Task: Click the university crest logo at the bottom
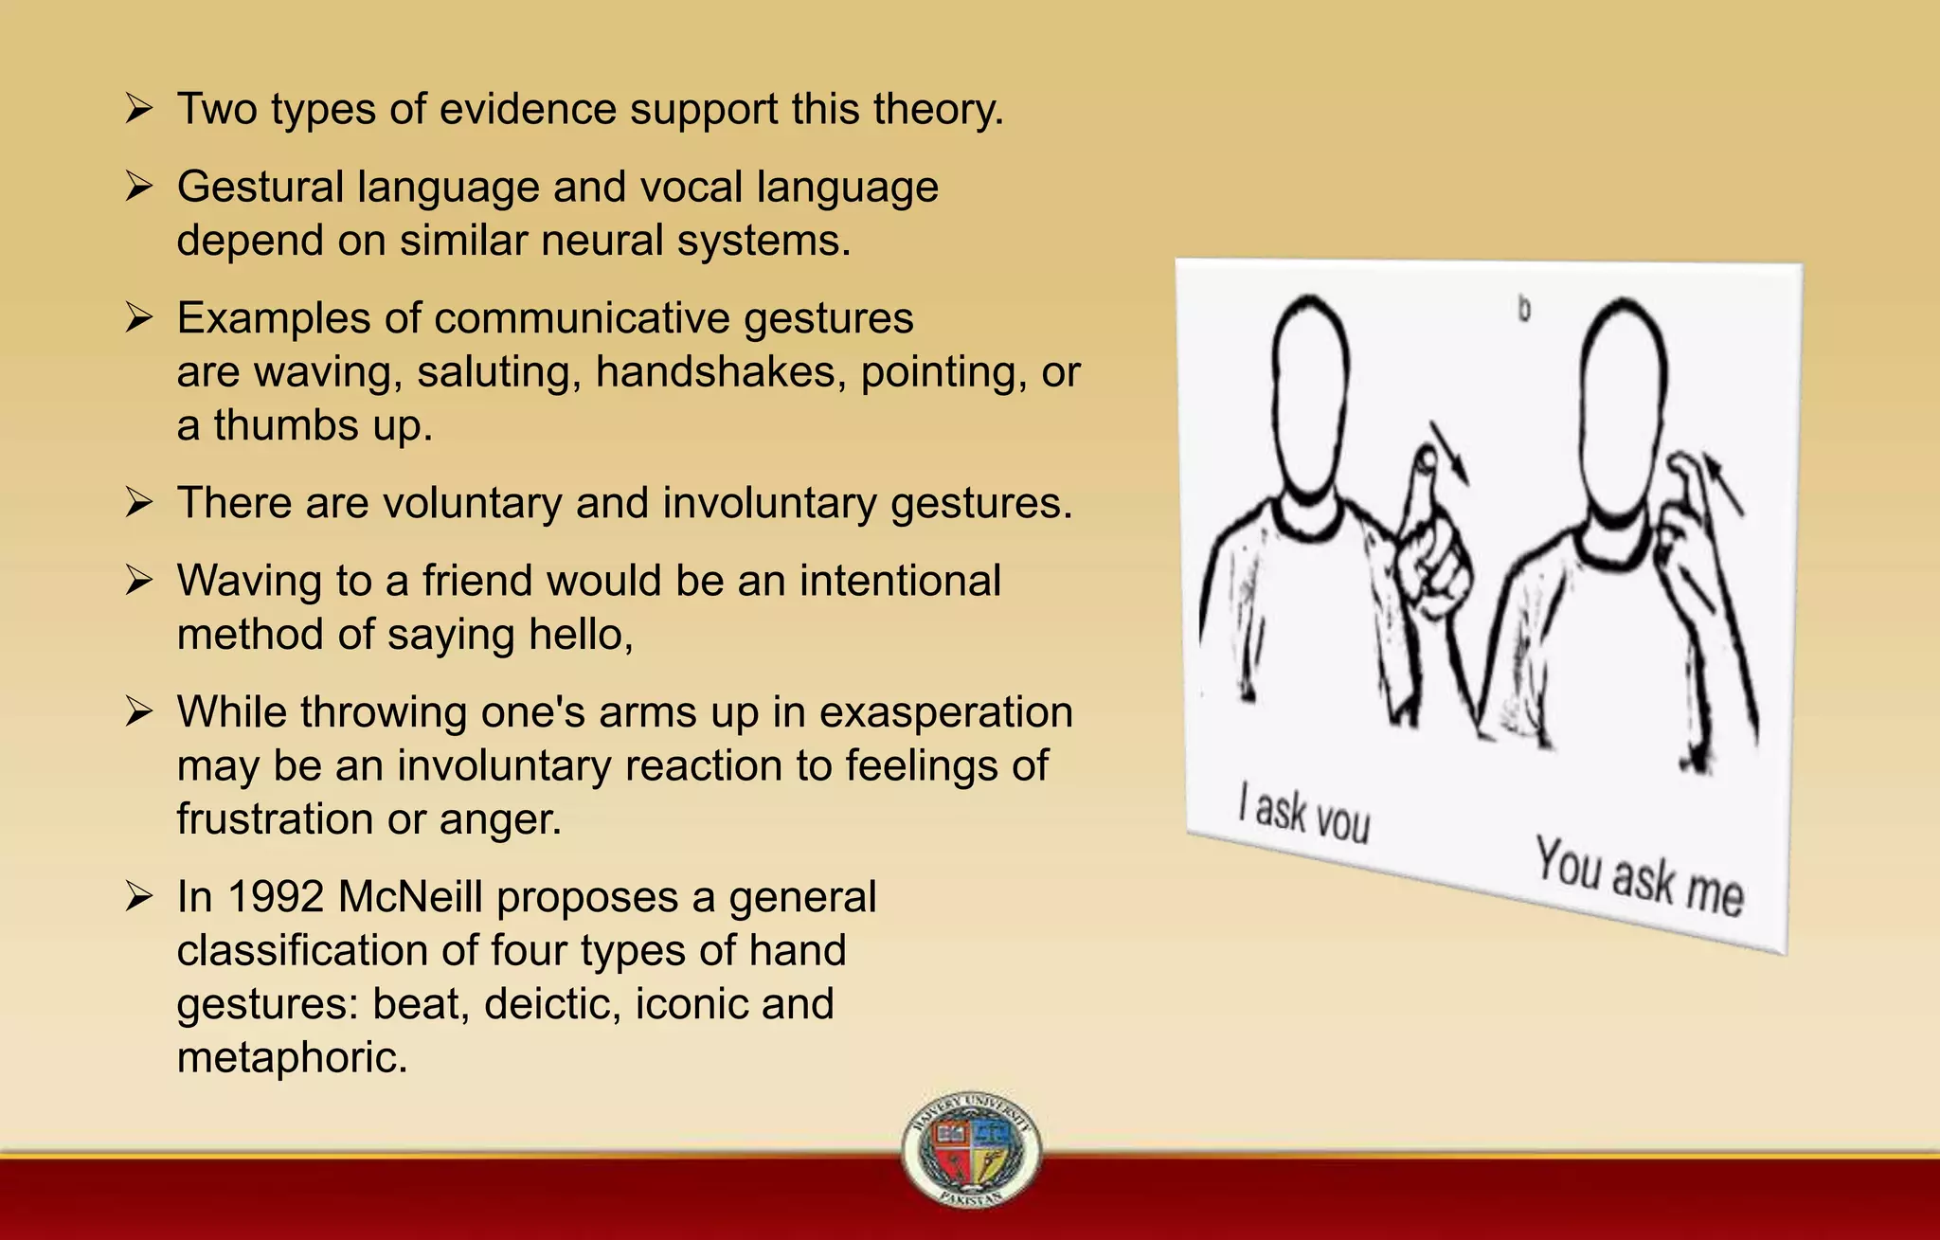click(x=971, y=1148)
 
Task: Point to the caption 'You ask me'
click(x=1639, y=875)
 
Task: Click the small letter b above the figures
click(x=1524, y=309)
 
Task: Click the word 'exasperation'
click(x=945, y=712)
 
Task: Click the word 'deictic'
click(x=552, y=1004)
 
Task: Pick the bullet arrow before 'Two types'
click(x=139, y=109)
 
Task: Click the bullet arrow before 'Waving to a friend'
click(x=139, y=581)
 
